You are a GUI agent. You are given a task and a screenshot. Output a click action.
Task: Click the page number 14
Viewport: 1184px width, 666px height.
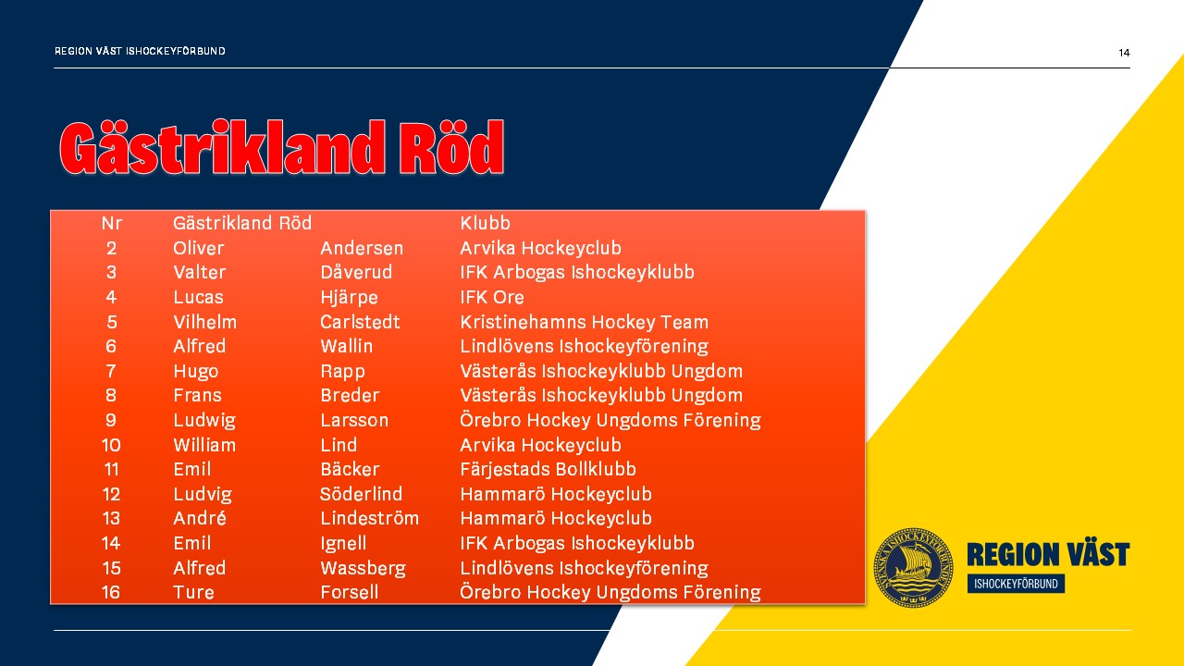coord(1124,53)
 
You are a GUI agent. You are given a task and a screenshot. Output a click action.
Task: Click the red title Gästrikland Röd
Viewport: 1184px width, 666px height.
coord(282,147)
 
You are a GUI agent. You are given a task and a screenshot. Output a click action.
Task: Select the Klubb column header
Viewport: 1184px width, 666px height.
coord(485,223)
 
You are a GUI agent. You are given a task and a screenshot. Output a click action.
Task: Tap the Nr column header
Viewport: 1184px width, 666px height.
coord(112,223)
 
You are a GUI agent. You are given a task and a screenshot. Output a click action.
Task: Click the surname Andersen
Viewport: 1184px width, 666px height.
coord(362,248)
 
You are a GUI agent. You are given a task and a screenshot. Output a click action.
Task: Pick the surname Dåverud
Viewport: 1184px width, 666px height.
coord(356,272)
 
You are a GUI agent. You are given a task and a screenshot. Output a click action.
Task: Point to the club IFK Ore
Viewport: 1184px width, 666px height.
coord(491,297)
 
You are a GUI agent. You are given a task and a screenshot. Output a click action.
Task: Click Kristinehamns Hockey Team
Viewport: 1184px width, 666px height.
coord(584,322)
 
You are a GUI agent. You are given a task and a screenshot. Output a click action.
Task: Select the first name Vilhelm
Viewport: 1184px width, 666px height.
coord(205,322)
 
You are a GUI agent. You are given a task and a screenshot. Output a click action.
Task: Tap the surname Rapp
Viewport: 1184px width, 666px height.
coord(342,371)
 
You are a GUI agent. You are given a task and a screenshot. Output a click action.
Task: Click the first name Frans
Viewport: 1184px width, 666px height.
coord(197,395)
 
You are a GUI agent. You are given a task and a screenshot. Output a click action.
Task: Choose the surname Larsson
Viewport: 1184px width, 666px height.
coord(354,420)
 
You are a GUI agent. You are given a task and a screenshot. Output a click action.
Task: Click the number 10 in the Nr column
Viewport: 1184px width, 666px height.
coord(111,445)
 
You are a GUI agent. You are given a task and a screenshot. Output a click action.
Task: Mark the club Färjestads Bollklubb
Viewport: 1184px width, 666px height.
coord(549,469)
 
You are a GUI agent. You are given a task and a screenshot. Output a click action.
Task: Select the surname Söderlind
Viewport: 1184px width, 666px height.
coord(361,494)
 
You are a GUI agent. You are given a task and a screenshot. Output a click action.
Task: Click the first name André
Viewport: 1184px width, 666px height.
coord(200,518)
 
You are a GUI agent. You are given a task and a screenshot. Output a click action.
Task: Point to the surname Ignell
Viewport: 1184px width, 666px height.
coord(343,543)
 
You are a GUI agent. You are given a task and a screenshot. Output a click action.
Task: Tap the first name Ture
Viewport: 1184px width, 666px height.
coord(193,592)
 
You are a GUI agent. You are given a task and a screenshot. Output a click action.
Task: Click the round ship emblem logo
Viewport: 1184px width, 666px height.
coord(913,567)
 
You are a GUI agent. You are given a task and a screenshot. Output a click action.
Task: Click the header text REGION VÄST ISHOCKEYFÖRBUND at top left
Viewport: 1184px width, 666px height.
coord(140,51)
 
